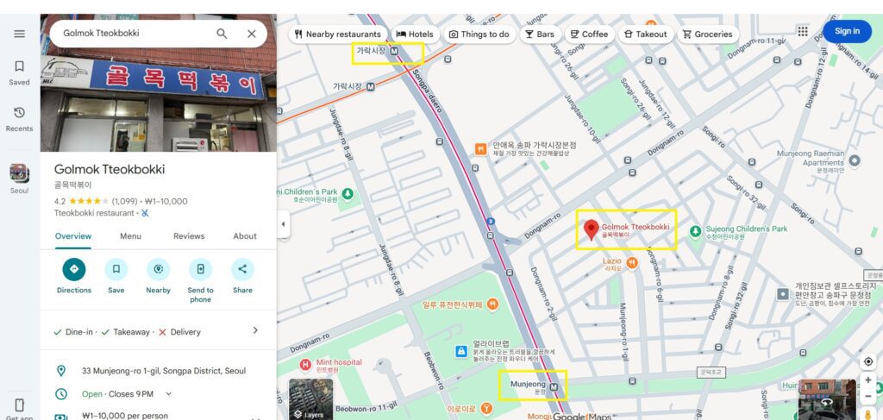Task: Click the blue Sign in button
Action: pos(847,31)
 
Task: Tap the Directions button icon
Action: pos(74,269)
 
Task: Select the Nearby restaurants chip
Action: pos(337,34)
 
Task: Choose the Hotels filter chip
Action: pos(415,34)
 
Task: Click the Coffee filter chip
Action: pos(588,34)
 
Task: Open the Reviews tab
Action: pos(189,236)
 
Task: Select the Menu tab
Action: pos(130,236)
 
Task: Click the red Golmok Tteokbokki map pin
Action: pos(592,229)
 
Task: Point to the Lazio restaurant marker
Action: pos(632,261)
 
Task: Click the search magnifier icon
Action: pos(222,34)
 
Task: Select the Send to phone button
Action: pos(200,269)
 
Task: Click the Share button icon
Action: pos(242,269)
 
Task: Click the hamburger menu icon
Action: pos(19,34)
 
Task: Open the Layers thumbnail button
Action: pos(310,398)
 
